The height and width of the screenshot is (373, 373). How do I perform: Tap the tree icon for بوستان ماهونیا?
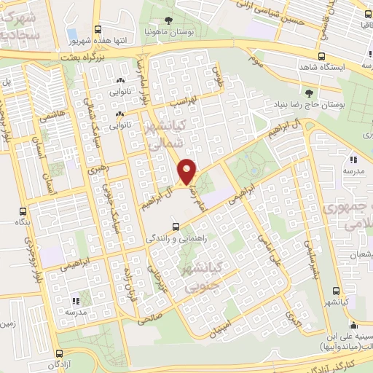click(x=169, y=20)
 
